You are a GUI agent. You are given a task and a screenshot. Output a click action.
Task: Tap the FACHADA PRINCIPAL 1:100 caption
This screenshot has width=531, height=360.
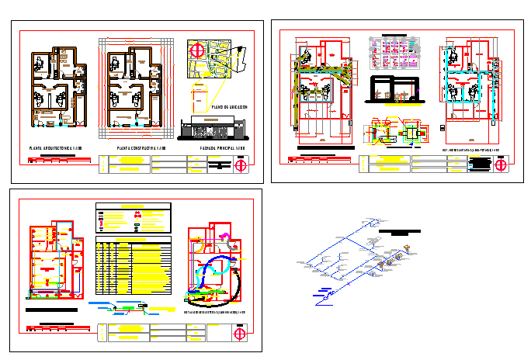pyautogui.click(x=223, y=147)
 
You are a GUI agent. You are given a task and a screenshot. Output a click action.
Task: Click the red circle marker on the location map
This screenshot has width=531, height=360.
pyautogui.click(x=197, y=50)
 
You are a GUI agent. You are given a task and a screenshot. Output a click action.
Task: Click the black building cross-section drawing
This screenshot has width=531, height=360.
pyautogui.click(x=394, y=90)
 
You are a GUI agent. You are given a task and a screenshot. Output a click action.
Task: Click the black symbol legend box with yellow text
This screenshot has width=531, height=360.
pyautogui.click(x=133, y=219)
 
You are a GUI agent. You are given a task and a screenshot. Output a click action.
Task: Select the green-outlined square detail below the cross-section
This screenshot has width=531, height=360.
pyautogui.click(x=412, y=133)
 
